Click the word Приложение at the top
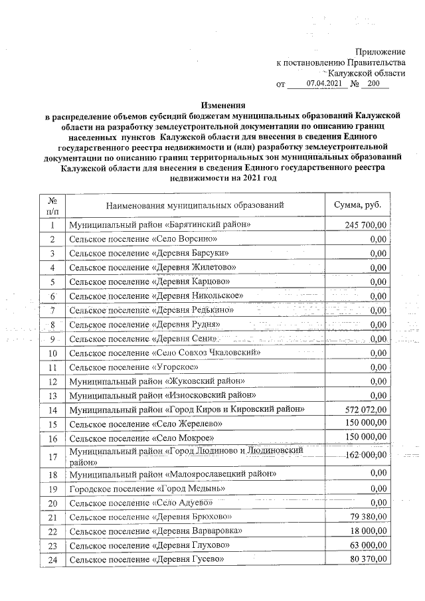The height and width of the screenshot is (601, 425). pos(380,51)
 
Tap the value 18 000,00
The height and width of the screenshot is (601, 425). pos(369,531)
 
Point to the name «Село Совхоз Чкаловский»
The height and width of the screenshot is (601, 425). pos(165,352)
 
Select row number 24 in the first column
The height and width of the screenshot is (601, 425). pos(52,560)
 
